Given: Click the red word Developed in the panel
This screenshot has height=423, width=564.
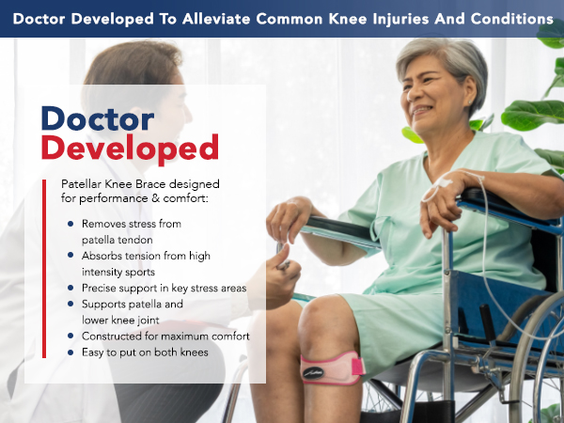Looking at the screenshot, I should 130,148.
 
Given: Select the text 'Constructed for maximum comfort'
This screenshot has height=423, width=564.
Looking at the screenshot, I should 165,336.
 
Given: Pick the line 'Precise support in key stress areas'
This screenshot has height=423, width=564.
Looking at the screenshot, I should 164,288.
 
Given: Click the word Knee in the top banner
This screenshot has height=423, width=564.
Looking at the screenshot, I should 361,18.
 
